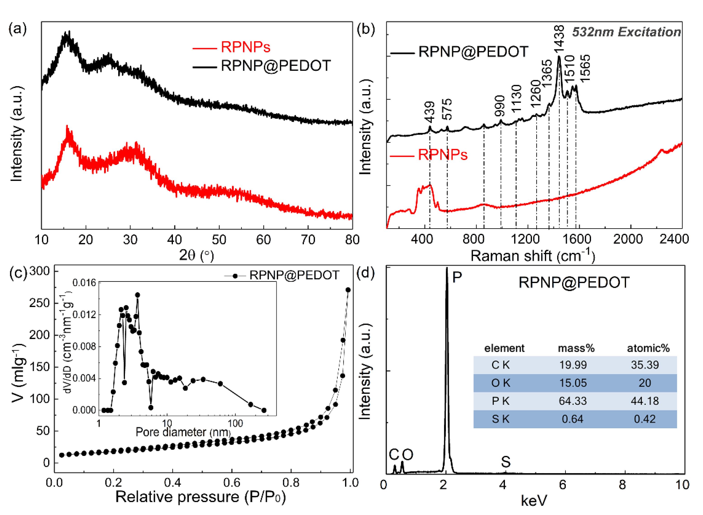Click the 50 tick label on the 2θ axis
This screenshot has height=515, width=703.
(x=219, y=240)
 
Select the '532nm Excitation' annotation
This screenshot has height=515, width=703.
(x=626, y=32)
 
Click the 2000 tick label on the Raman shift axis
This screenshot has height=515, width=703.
(x=628, y=239)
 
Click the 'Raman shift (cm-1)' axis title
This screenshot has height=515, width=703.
(x=533, y=256)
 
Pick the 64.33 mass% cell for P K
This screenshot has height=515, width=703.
(x=572, y=401)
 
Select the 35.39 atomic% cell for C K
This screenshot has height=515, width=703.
(x=645, y=365)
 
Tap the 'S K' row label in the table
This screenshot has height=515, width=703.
(x=501, y=419)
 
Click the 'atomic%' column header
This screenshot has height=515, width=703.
(x=648, y=348)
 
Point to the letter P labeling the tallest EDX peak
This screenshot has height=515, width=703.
(x=457, y=277)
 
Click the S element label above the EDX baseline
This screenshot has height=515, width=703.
(x=506, y=462)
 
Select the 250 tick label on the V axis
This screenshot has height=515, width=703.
(x=40, y=303)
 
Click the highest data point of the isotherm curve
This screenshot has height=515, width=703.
(x=348, y=290)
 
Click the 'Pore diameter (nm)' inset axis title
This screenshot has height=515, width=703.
(x=183, y=432)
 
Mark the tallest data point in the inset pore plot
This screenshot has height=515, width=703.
(x=137, y=295)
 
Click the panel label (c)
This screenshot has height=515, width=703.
(x=18, y=273)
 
